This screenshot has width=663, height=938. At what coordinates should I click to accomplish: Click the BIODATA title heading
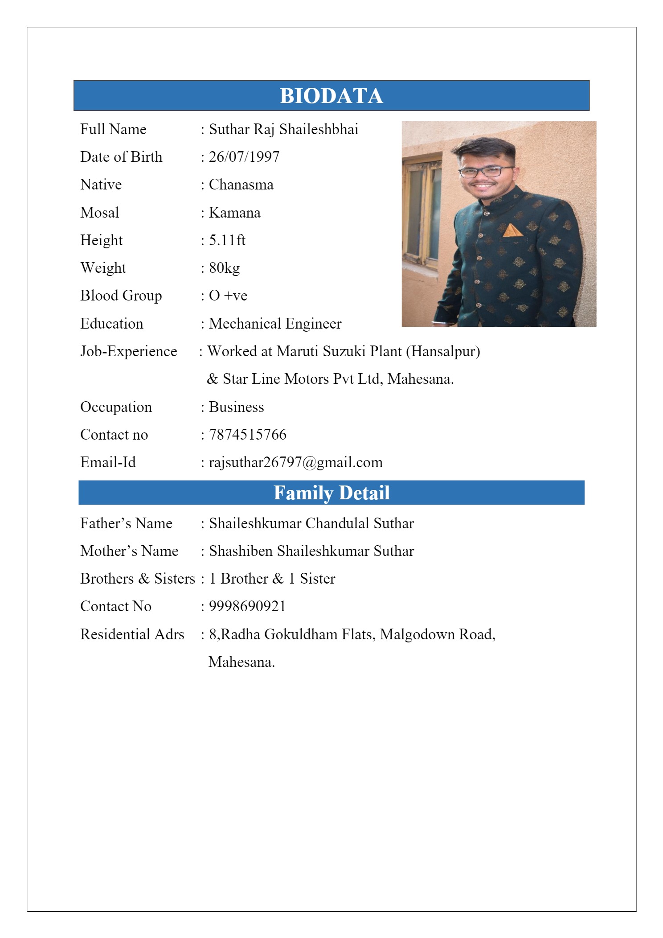[331, 96]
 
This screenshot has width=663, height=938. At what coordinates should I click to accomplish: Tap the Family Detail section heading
[331, 493]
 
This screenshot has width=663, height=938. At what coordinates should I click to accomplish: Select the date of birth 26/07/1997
[244, 157]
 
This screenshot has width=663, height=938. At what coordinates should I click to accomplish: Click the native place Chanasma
[241, 185]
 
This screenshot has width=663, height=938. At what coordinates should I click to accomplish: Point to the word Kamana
[235, 213]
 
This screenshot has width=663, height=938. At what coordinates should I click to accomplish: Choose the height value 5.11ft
[227, 240]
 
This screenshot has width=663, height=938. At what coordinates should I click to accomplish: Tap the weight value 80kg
[225, 268]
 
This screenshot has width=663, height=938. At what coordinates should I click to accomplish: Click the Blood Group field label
[121, 296]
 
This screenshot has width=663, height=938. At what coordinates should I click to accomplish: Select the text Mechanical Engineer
[275, 324]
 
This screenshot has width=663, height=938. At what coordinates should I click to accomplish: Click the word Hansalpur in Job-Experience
[443, 351]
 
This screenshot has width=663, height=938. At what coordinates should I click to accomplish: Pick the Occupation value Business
[236, 407]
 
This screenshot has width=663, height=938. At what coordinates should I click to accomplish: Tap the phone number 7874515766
[248, 435]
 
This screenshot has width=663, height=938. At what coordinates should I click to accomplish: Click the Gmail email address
[296, 462]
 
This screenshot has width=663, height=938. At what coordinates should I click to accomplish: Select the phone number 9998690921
[247, 606]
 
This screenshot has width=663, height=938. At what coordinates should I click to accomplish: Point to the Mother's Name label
[129, 551]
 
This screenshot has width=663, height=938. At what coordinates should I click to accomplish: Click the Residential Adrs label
[132, 634]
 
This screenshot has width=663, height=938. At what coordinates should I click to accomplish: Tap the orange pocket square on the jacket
[512, 230]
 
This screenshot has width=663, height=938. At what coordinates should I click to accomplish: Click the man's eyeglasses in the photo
[486, 171]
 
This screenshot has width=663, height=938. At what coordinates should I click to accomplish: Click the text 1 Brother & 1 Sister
[272, 579]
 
